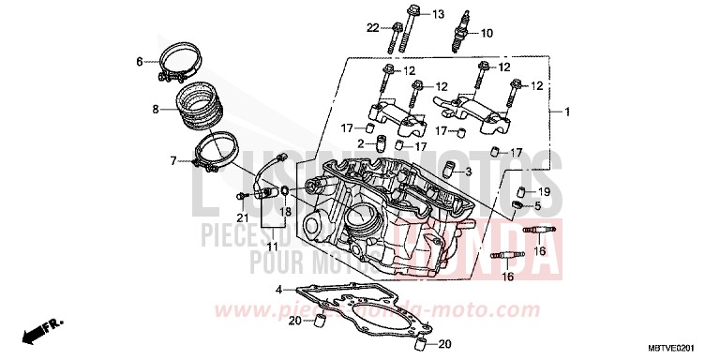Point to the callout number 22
coord(372,28)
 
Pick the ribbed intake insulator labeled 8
coord(200,111)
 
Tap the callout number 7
coord(173,161)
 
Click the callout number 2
coord(358,143)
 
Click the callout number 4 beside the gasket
coord(278,290)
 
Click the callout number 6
coord(140,62)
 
